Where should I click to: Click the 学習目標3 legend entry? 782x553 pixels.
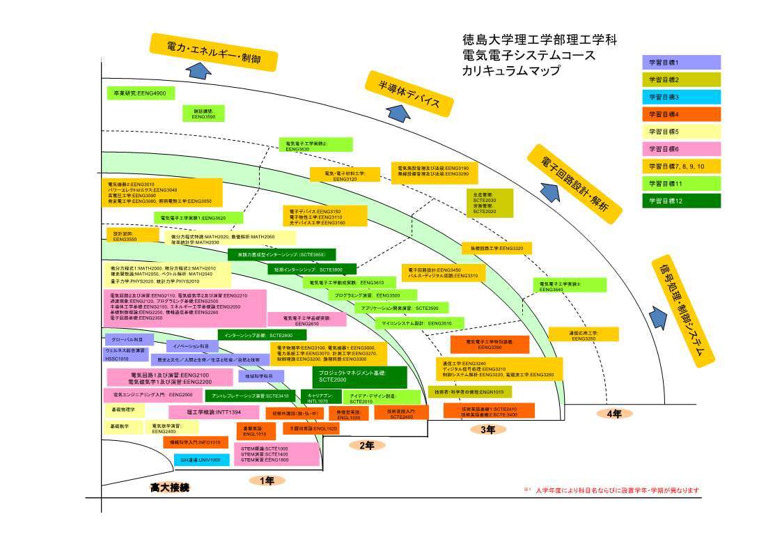[680, 97]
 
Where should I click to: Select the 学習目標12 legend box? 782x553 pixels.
[680, 201]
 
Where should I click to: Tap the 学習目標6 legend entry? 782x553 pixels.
[680, 148]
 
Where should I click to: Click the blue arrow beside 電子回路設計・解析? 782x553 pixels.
[549, 189]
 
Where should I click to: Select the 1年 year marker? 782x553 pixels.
[267, 481]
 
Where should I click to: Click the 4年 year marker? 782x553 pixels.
[613, 413]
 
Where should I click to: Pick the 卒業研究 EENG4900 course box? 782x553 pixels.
[140, 93]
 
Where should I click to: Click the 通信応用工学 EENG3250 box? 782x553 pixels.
[583, 334]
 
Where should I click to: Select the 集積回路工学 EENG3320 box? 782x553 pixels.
[496, 248]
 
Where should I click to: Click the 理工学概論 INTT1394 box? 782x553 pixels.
[209, 412]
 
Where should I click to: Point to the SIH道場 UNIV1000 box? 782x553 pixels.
[201, 460]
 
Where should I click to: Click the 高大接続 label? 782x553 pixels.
[169, 488]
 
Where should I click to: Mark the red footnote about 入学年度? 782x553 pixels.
[611, 490]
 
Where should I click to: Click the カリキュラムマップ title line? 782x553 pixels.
[510, 70]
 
